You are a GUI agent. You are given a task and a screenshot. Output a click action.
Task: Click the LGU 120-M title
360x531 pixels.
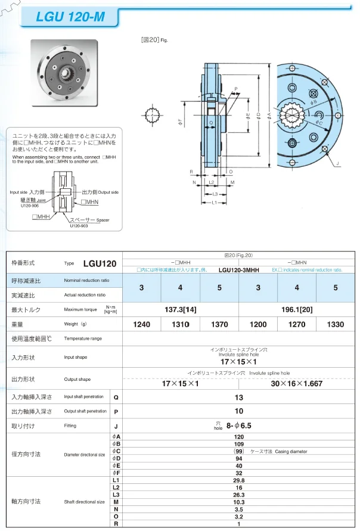(70, 17)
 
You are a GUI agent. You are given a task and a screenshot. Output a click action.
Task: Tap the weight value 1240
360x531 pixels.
(141, 324)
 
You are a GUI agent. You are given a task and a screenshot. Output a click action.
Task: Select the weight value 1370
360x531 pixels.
(219, 324)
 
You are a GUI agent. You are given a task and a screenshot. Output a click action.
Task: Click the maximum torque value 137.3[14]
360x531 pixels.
(180, 309)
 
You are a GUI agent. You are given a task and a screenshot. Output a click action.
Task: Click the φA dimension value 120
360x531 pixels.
(238, 437)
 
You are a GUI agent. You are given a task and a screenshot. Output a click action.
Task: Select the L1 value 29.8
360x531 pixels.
(238, 480)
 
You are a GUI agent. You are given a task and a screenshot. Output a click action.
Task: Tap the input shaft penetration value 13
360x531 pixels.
(238, 397)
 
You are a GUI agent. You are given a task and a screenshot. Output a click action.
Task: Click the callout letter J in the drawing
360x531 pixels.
(337, 163)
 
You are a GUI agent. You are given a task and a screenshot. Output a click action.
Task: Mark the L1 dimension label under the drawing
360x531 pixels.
(213, 203)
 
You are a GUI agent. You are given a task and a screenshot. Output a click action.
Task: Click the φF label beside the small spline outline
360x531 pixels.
(181, 123)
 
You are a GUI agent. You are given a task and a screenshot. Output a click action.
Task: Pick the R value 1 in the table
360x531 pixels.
(238, 524)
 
